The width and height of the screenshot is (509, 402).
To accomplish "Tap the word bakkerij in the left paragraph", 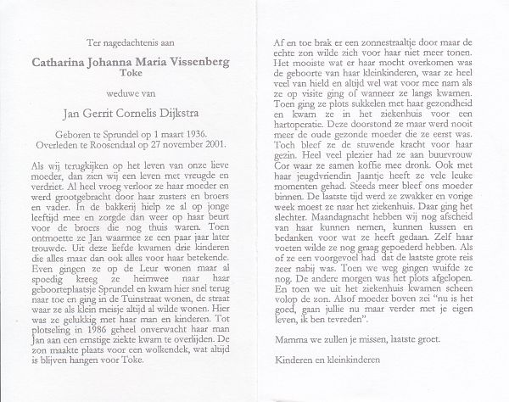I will point(112,204).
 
